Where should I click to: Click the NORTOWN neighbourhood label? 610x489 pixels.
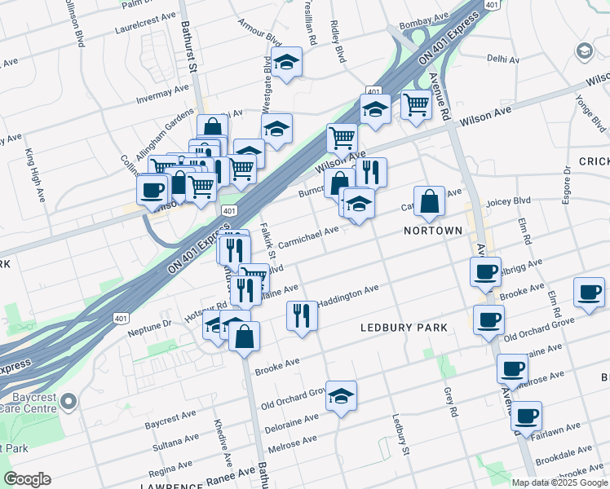click(x=433, y=231)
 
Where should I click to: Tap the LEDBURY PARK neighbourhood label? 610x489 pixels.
click(x=404, y=328)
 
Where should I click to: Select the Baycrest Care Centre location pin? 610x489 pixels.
click(x=69, y=401)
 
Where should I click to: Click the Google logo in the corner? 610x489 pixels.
click(x=26, y=479)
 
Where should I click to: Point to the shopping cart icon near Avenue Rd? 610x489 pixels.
click(x=416, y=104)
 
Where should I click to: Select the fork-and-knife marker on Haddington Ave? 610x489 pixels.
click(x=302, y=315)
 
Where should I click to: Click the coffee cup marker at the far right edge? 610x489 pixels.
click(x=588, y=292)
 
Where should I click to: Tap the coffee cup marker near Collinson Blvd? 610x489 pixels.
click(x=152, y=191)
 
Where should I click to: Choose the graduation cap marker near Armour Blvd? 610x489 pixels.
click(x=286, y=62)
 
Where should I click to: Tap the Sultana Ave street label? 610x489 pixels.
click(x=177, y=442)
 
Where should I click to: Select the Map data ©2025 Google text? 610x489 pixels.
click(x=559, y=482)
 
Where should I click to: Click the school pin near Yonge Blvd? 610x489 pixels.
click(x=584, y=51)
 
